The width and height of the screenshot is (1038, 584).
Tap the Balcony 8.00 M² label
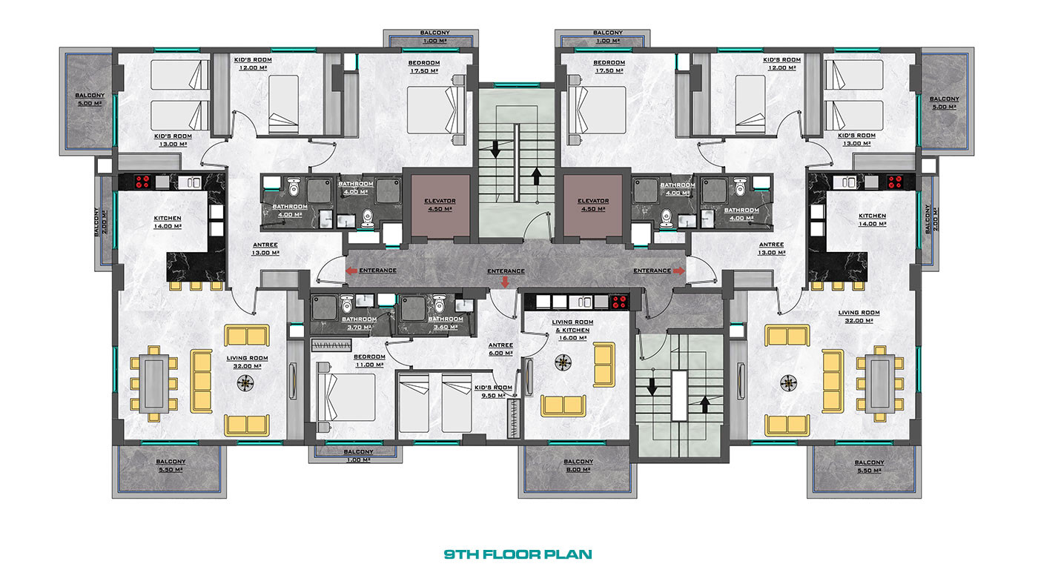tap(578, 465)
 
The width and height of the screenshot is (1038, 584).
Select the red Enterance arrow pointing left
tap(351, 271)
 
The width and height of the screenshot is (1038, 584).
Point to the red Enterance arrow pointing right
tap(679, 271)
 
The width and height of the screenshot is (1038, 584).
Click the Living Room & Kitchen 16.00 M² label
tap(572, 330)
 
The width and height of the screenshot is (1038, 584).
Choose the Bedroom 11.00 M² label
tap(369, 361)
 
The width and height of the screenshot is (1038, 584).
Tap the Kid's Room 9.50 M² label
tap(494, 391)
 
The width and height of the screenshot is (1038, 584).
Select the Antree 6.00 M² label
tap(500, 349)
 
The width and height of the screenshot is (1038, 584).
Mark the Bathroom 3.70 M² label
tap(359, 323)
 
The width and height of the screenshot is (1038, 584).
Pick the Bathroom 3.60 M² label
tap(446, 323)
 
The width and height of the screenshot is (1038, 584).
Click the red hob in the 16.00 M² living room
tap(619, 302)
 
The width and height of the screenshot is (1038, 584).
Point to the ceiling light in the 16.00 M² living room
tap(563, 362)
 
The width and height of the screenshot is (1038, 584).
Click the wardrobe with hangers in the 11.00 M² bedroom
tap(331, 345)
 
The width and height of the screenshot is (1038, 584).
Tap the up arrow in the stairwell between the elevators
tap(536, 176)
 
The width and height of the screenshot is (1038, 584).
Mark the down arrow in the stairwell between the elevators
tap(495, 149)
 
